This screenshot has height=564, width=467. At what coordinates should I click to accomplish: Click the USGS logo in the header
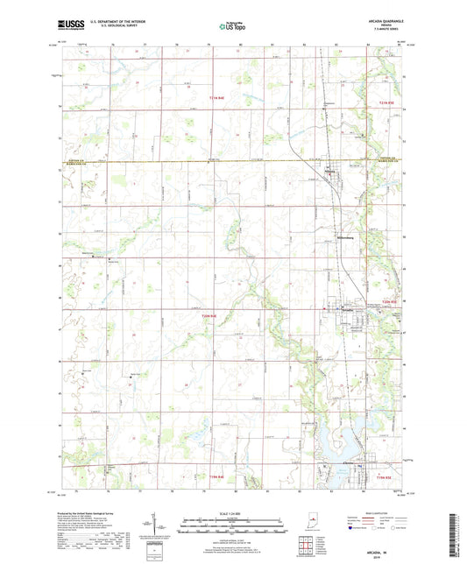[68, 25]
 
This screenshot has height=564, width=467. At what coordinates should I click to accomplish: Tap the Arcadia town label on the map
[344, 309]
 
